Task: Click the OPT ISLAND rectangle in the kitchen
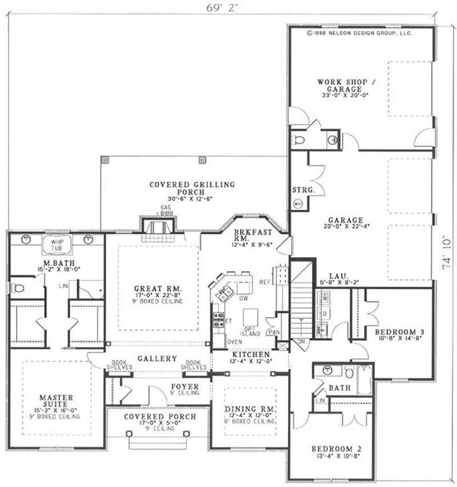(x=251, y=317)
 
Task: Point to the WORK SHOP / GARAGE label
(x=345, y=86)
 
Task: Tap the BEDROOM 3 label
(x=396, y=331)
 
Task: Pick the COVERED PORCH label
(x=160, y=416)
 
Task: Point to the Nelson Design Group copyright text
(x=358, y=31)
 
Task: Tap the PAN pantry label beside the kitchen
(x=273, y=332)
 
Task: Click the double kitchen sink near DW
(x=224, y=291)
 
